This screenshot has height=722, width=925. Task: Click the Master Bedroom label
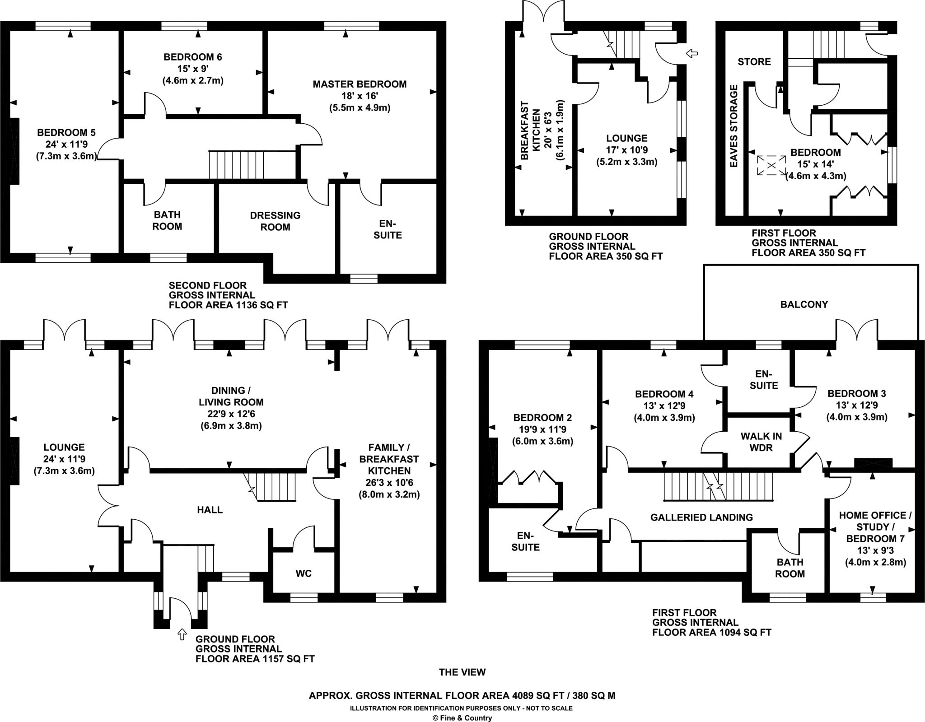click(x=360, y=84)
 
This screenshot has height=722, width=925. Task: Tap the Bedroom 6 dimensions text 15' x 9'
click(x=193, y=69)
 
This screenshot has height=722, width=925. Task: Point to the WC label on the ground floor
click(x=304, y=573)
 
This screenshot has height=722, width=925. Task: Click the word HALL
click(x=210, y=510)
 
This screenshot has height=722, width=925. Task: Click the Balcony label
click(x=804, y=304)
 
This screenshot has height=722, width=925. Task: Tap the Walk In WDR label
click(x=761, y=442)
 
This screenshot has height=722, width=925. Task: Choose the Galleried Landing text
click(x=701, y=517)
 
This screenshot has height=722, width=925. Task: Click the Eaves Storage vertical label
click(x=734, y=126)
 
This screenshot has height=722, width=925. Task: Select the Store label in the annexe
click(x=754, y=62)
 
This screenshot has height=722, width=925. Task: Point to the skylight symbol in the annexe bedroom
click(x=771, y=166)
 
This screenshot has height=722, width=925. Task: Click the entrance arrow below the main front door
click(x=182, y=634)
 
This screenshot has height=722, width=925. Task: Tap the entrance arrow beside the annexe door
click(x=691, y=54)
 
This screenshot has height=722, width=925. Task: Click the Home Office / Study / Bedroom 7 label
click(x=875, y=527)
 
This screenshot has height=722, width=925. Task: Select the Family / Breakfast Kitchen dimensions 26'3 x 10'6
click(x=389, y=482)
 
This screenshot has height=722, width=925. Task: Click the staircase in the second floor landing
click(x=236, y=165)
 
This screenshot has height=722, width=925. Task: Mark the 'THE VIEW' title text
click(x=462, y=672)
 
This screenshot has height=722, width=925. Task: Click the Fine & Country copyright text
click(x=462, y=718)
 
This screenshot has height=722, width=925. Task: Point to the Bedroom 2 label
click(x=542, y=418)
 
